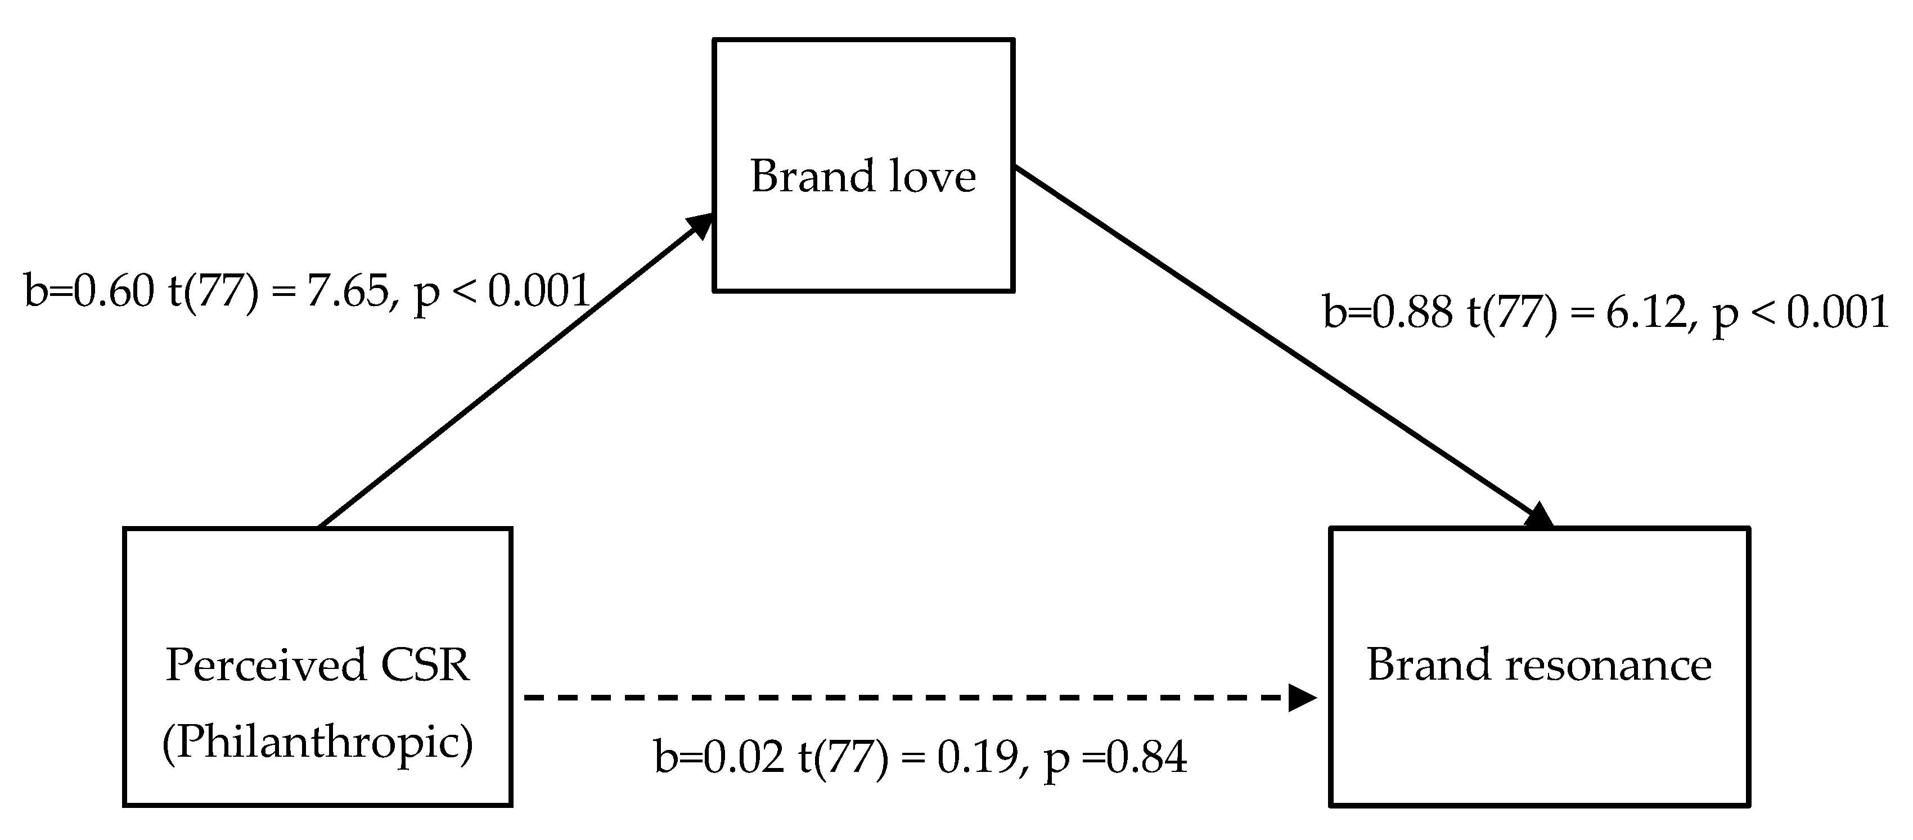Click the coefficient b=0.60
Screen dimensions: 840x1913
(x=89, y=290)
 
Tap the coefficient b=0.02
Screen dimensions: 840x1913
(x=718, y=757)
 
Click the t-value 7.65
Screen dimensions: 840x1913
(x=347, y=290)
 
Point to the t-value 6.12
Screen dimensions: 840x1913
(x=1646, y=312)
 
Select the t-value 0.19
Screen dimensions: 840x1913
(x=977, y=757)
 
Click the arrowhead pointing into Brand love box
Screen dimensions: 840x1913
(x=700, y=225)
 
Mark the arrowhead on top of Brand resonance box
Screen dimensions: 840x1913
(x=1539, y=516)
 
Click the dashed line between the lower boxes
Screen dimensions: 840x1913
(x=891, y=698)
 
